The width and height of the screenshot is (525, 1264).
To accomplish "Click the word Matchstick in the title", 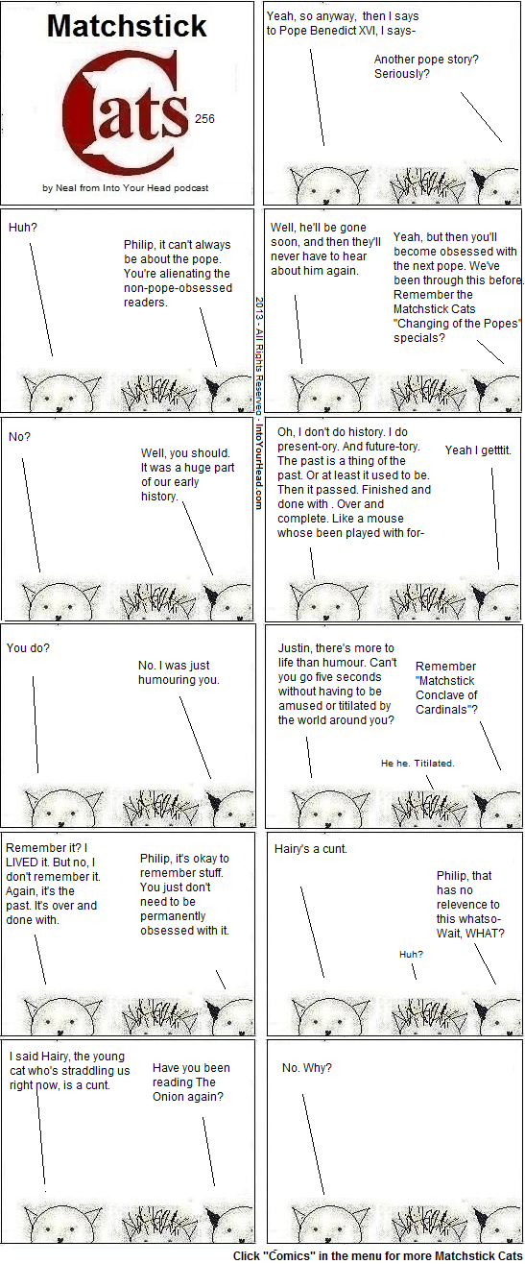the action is (127, 27).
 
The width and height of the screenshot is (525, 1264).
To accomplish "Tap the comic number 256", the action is (204, 118).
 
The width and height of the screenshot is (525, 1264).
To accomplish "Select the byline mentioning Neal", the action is (125, 188).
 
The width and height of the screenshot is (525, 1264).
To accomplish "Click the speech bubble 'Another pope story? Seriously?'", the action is (426, 66).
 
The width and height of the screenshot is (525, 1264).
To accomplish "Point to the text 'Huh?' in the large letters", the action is (23, 228).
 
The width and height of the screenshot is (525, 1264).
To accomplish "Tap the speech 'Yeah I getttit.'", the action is (478, 450).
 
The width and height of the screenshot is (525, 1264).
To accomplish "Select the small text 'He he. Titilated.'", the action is (418, 764).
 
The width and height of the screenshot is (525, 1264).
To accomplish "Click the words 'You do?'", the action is (28, 648).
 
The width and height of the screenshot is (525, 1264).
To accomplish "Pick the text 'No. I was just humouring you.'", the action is (179, 672).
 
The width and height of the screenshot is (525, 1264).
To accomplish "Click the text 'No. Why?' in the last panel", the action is (307, 1068).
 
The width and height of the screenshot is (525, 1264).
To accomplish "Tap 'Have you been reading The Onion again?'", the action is (191, 1082).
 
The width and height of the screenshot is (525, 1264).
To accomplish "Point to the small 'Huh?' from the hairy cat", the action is (411, 954).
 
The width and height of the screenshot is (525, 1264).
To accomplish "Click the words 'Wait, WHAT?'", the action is (470, 934).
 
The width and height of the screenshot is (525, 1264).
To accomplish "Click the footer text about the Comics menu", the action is (378, 1256).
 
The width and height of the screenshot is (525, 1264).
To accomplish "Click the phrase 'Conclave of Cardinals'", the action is (446, 702).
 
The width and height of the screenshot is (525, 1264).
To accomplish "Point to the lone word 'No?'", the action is (19, 437).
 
